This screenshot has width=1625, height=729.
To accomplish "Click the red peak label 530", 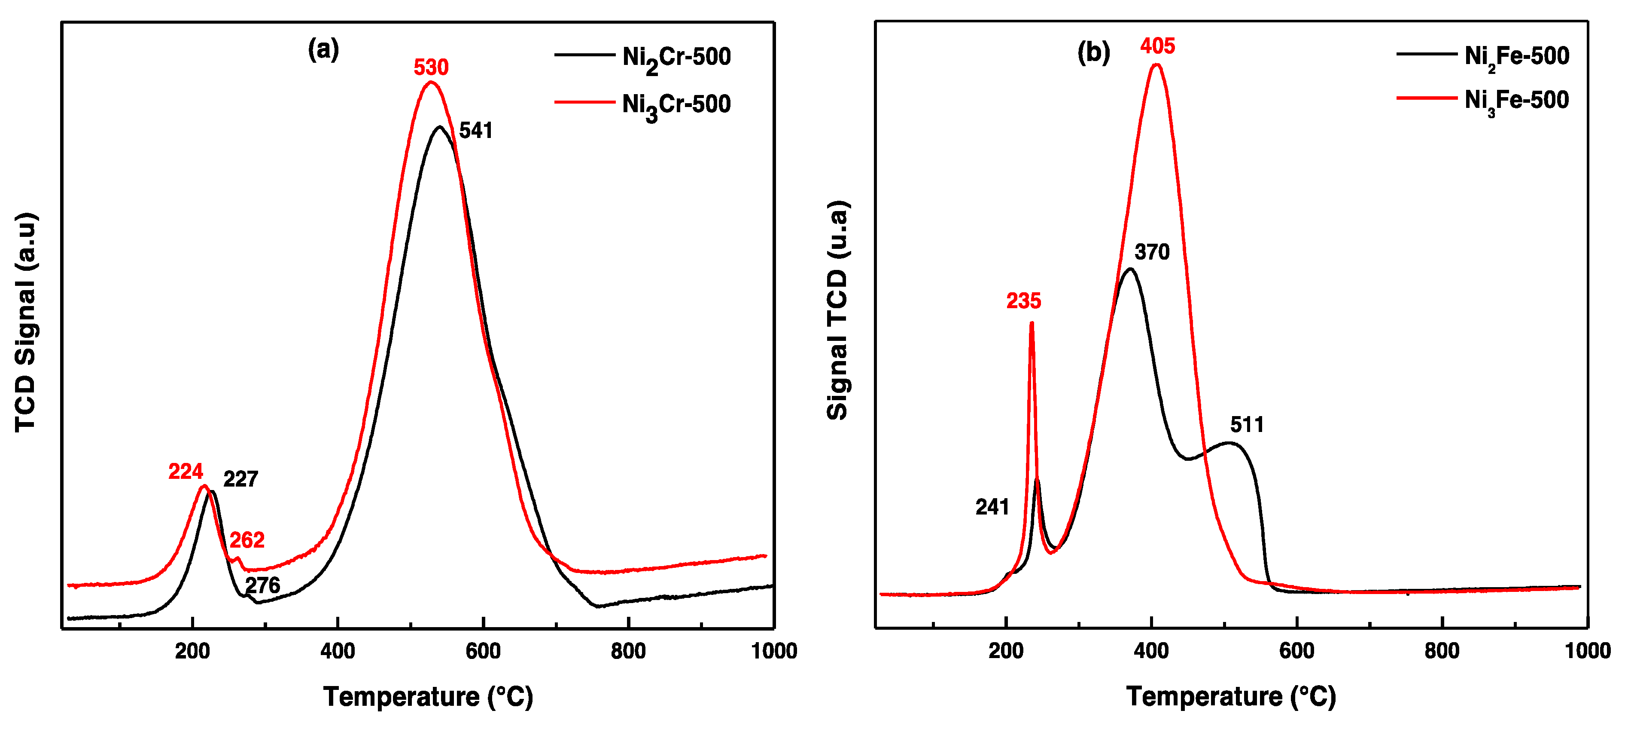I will click(x=431, y=67).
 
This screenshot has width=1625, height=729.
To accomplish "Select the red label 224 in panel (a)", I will click(x=186, y=472).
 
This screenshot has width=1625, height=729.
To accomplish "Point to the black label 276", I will click(x=262, y=585).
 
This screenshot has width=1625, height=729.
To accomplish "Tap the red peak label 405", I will click(x=1158, y=46).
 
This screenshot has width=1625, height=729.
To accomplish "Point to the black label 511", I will click(x=1247, y=424).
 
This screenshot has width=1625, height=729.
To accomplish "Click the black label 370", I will click(x=1152, y=252).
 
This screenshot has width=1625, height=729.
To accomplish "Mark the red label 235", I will click(x=1023, y=301).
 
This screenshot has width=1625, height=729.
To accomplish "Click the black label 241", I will click(x=992, y=507).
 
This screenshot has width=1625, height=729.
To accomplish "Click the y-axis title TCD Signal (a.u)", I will click(x=26, y=322).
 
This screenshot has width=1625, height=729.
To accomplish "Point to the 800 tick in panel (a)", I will click(x=628, y=651).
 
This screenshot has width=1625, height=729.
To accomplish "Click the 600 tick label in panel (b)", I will click(x=1297, y=651).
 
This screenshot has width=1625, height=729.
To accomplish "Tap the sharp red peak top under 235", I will click(x=1032, y=323).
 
